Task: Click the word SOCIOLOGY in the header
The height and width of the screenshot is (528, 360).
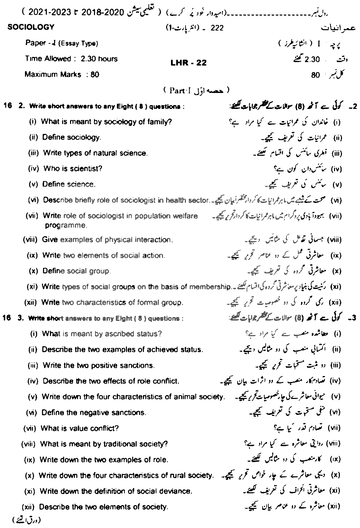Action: pos(31,27)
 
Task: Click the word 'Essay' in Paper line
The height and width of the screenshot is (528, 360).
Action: pos(69,43)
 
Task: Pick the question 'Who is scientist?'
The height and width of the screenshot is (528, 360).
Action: pos(73,169)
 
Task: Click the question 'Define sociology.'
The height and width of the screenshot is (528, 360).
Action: pos(71,137)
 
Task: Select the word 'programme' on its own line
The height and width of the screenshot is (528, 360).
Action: pos(66,225)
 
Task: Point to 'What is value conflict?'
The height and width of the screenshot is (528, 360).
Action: pos(80,428)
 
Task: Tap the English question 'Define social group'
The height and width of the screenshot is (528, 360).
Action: pos(76,271)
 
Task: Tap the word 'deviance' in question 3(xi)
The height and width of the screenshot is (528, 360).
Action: pos(178,491)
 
